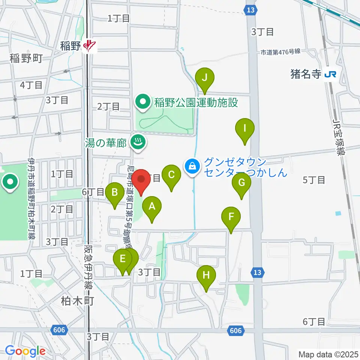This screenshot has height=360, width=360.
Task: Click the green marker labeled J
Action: tap(205, 78)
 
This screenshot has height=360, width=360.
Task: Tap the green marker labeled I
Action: tap(245, 129)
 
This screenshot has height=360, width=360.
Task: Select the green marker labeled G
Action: tap(241, 183)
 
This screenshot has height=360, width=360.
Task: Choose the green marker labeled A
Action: tap(152, 207)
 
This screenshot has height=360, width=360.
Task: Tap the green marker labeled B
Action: tap(115, 193)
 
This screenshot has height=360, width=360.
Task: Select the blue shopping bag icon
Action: tap(192, 165)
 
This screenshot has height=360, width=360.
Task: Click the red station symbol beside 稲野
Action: tap(90, 46)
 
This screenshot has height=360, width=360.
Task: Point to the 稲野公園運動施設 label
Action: tap(194, 102)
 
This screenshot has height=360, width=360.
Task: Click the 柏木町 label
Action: tap(77, 300)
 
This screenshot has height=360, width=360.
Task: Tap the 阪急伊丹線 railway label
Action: tap(89, 268)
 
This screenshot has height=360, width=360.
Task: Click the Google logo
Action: tap(25, 351)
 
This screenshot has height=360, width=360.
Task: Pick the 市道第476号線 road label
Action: tap(281, 52)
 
